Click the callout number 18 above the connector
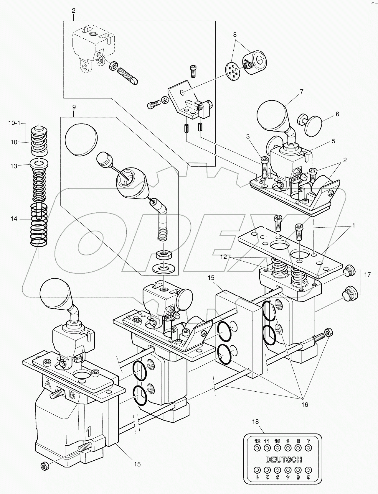tap(255, 422)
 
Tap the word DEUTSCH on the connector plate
tap(284, 459)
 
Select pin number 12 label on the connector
tap(257, 442)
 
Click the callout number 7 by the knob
tap(301, 92)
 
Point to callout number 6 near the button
tap(337, 114)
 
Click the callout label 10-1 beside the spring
tap(14, 123)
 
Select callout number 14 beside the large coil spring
tap(14, 219)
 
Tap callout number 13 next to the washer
tap(14, 166)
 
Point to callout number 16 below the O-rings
tap(305, 405)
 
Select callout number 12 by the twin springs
tap(224, 257)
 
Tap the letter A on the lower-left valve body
tap(47, 383)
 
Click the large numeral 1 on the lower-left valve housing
tap(88, 432)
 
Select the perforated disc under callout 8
tap(233, 70)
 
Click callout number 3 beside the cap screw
tap(248, 136)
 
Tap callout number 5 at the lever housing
tap(333, 141)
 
